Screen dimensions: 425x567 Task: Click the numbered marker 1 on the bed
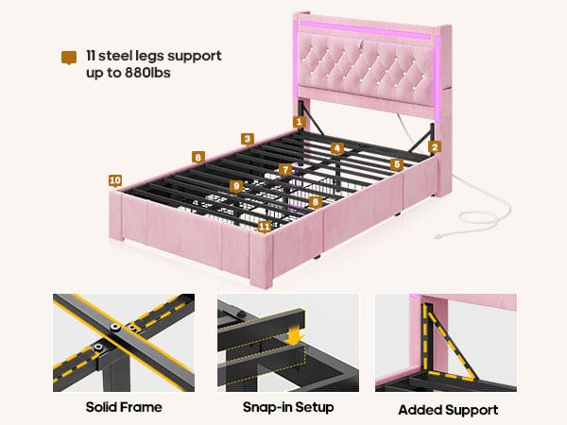[300, 122]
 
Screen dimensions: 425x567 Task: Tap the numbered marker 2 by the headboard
[435, 146]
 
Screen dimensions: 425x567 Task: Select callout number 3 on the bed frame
[247, 139]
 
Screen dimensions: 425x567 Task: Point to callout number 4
[336, 148]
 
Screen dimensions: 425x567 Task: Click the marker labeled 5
[397, 164]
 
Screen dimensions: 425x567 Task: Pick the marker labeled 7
[285, 170]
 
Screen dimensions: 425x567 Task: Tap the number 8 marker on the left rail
[198, 157]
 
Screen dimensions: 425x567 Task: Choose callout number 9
[236, 186]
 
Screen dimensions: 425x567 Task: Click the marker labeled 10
[114, 180]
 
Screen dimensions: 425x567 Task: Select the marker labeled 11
[264, 227]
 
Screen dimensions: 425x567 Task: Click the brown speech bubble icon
[67, 57]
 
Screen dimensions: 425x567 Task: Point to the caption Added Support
[448, 410]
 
